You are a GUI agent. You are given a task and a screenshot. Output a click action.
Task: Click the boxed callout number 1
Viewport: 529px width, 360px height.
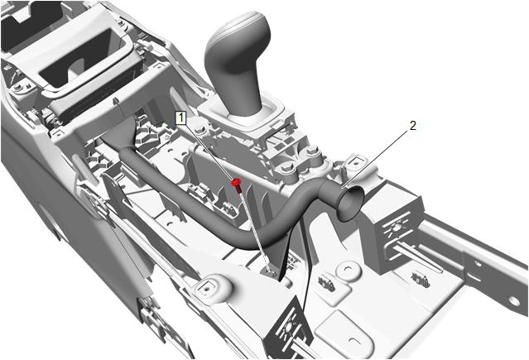coord(181,118)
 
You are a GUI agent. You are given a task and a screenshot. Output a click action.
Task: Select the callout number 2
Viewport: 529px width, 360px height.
coord(413,126)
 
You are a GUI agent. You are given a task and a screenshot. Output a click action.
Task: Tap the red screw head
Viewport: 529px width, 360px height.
coord(235,183)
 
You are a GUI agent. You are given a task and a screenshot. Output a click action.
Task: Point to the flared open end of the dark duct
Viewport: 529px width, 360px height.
coord(351,204)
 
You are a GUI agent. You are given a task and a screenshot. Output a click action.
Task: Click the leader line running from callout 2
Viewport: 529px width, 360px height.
coord(375,159)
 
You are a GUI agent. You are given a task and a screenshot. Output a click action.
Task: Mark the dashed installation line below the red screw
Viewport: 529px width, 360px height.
coord(255,229)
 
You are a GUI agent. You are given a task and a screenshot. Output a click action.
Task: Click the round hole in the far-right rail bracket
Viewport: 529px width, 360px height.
coord(512,300)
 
